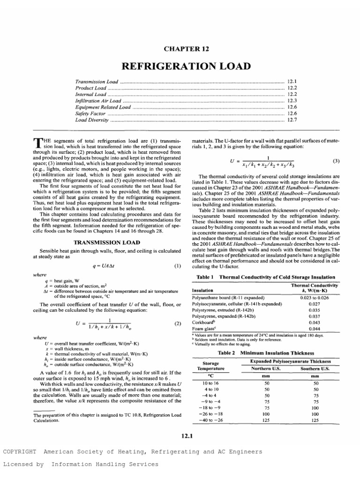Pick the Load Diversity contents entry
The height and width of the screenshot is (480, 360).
pos(92,120)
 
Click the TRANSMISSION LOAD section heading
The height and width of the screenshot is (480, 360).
pos(104,242)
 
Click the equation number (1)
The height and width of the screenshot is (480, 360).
pos(177,266)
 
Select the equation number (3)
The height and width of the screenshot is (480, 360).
pos(336,161)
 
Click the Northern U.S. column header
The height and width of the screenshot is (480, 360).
pos(267,368)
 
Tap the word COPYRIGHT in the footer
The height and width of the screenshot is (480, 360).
pos(20,451)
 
